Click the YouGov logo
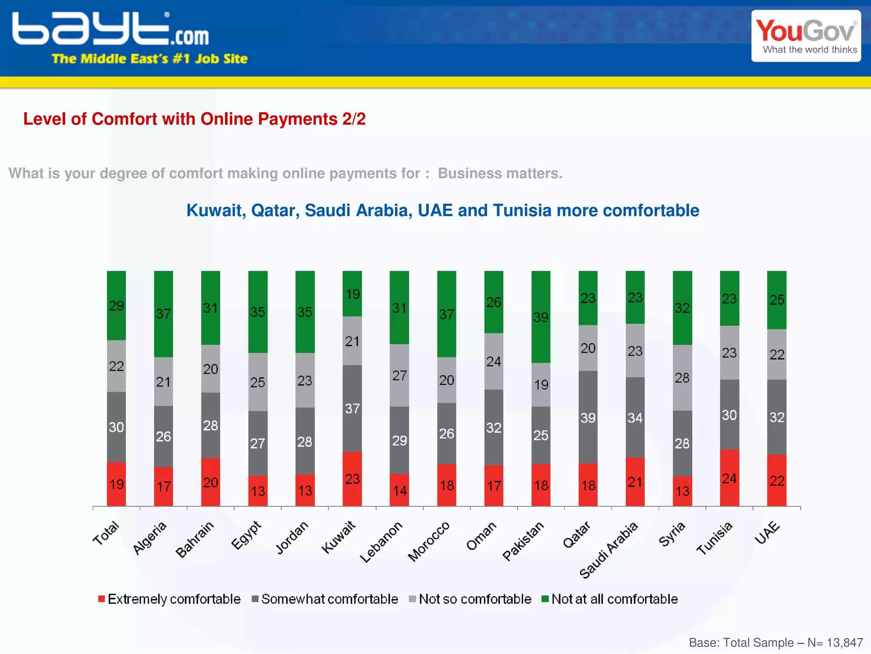(x=806, y=36)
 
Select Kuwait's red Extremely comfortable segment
(x=352, y=479)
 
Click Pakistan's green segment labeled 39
(x=541, y=317)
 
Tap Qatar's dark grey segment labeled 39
(x=588, y=417)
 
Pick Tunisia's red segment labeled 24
(x=729, y=478)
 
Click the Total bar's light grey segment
(x=116, y=366)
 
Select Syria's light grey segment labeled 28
(x=682, y=378)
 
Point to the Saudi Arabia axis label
(x=609, y=550)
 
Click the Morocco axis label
(x=429, y=541)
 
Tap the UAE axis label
(x=767, y=532)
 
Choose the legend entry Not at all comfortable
(x=610, y=599)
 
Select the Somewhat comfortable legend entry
(x=325, y=599)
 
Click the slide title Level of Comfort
(x=194, y=119)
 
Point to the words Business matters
(x=500, y=173)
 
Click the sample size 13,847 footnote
(x=776, y=643)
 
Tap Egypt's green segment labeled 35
(x=258, y=312)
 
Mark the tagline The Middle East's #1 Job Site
(x=149, y=59)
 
